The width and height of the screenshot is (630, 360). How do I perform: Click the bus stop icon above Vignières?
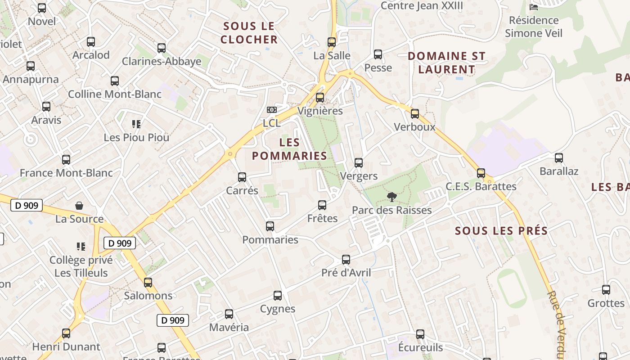pos(320,97)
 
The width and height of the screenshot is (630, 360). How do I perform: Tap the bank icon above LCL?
pos(271,110)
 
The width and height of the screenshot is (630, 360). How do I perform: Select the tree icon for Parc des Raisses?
pos(392,197)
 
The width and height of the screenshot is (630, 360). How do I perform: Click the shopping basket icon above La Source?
pos(79,206)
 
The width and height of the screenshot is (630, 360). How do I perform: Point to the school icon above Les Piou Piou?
pos(136,124)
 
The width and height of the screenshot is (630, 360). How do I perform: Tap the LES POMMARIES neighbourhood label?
pos(289,149)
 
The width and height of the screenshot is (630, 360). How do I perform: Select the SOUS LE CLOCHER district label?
pos(249,33)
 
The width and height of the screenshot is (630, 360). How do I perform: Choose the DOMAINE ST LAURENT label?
pos(446,63)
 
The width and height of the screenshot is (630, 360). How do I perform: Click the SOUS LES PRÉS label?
pos(501,231)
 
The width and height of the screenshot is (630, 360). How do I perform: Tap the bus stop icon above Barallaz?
pos(559,158)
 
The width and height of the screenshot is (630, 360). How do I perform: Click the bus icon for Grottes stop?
pos(606,289)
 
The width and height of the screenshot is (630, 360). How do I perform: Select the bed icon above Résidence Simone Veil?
pos(534,7)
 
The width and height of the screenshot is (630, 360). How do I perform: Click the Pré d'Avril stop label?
pos(346,273)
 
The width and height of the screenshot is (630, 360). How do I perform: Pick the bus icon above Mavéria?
pos(229,314)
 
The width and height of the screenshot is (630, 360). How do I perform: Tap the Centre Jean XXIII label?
pos(422,6)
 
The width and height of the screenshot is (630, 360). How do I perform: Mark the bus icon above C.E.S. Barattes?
pos(481,173)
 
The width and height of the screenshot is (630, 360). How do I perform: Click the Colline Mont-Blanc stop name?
pos(114,94)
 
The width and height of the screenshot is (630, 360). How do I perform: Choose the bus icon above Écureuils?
pos(420,334)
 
